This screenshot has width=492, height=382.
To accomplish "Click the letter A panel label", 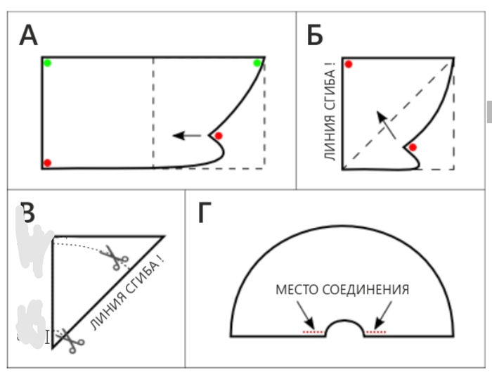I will pyautogui.click(x=28, y=35).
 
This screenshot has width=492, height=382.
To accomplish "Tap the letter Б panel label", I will pyautogui.click(x=316, y=35).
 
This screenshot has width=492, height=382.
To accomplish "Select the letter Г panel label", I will pyautogui.click(x=204, y=212).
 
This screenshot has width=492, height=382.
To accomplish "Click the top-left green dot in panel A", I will pyautogui.click(x=47, y=63).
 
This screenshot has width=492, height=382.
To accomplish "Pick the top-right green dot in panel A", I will pyautogui.click(x=257, y=63).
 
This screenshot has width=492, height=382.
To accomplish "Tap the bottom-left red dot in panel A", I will pyautogui.click(x=47, y=163).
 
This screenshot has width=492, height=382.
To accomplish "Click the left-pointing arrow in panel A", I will pyautogui.click(x=187, y=135).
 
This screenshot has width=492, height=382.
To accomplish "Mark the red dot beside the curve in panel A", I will pyautogui.click(x=219, y=136).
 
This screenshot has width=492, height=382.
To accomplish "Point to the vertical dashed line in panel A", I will pyautogui.click(x=153, y=113).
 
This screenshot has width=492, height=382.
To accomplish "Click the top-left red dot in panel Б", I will pyautogui.click(x=348, y=64).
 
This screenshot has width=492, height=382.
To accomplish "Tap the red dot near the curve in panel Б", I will pyautogui.click(x=413, y=147).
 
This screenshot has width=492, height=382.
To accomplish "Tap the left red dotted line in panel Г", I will pyautogui.click(x=313, y=331).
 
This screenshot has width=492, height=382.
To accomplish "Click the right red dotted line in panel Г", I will pyautogui.click(x=376, y=331).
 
